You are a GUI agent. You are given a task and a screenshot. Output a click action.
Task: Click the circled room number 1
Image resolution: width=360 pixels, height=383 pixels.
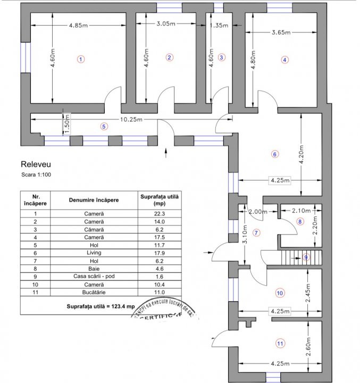tap(80, 59)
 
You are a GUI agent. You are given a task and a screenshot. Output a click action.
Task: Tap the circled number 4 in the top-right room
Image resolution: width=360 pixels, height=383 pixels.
tap(285, 60)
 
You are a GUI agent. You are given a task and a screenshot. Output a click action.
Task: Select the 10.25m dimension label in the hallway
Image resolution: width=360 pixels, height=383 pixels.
tap(131, 120)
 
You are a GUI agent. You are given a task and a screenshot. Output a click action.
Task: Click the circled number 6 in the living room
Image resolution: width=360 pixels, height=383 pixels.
tap(275, 154)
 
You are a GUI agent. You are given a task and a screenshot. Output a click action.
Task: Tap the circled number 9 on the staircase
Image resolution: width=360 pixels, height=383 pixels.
tap(306, 257)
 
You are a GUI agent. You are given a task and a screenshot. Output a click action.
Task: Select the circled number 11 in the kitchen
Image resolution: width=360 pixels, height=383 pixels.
tap(280, 343)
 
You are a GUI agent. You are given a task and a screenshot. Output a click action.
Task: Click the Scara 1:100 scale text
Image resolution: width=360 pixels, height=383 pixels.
tap(37, 174)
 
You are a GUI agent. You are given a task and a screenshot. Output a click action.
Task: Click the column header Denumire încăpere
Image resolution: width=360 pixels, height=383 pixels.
tap(94, 200)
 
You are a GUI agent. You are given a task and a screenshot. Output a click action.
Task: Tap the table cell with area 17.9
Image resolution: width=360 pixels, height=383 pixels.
tap(159, 254)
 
